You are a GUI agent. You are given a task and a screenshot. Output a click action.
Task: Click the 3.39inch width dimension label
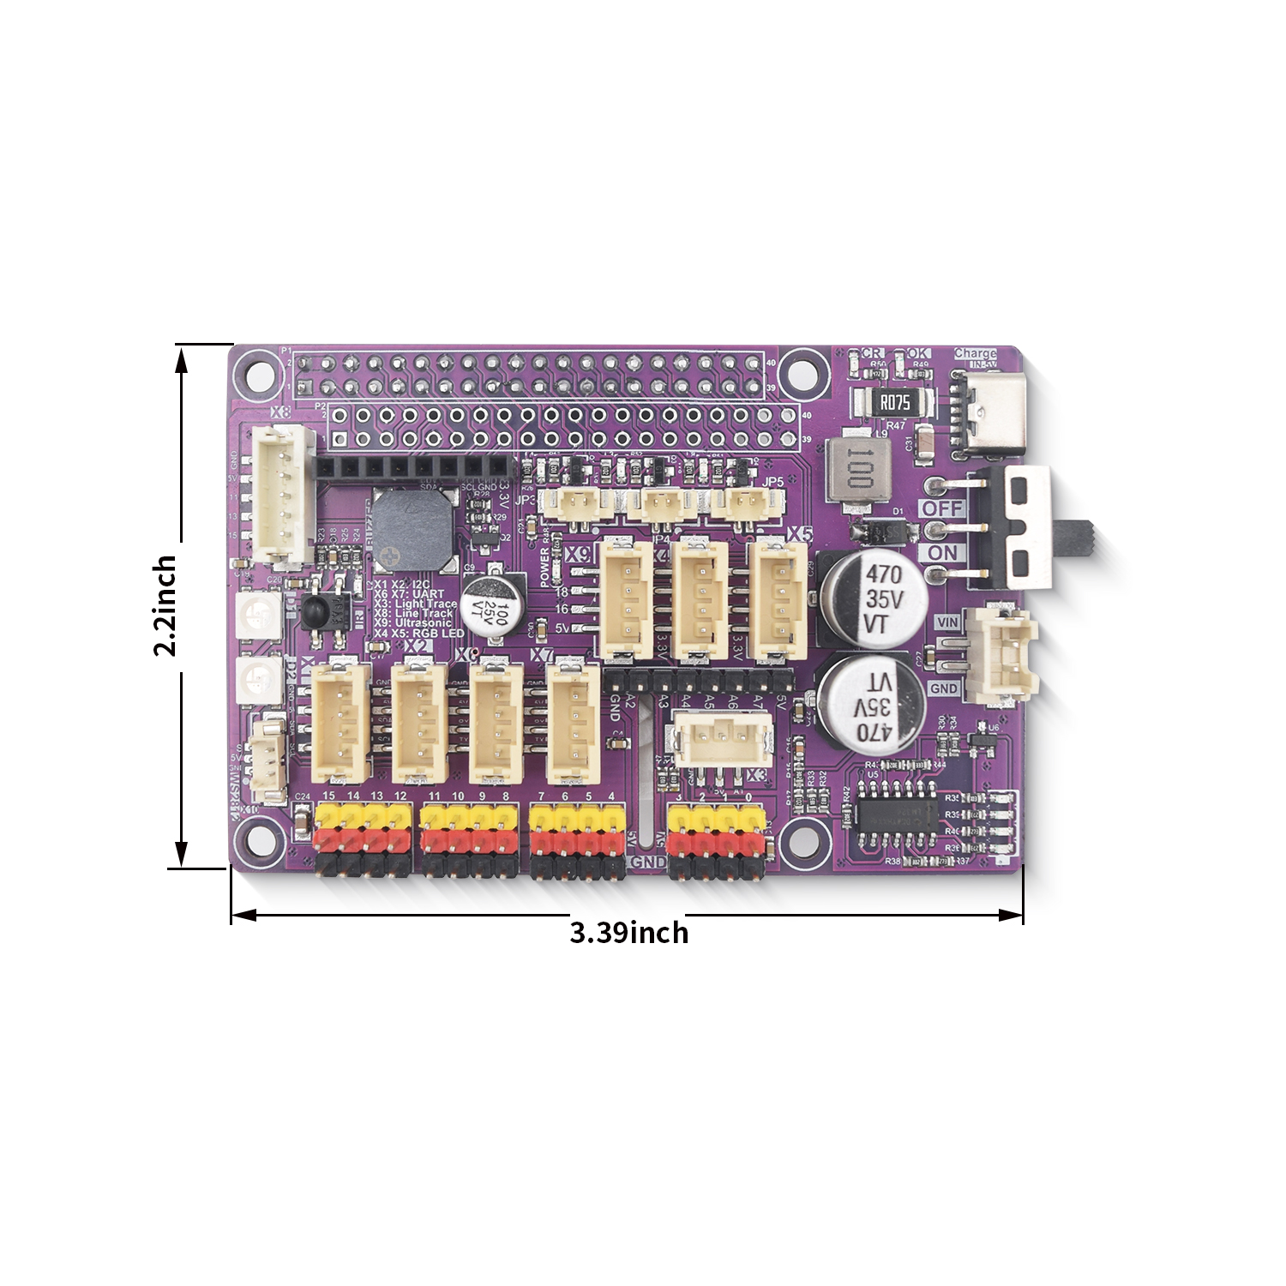(628, 932)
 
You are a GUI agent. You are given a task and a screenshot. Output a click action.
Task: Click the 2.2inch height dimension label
(164, 605)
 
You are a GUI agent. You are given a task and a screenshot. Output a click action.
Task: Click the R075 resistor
(894, 402)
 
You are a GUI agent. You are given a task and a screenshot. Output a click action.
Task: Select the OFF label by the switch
(942, 508)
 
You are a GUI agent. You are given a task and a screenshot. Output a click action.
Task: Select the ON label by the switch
(942, 553)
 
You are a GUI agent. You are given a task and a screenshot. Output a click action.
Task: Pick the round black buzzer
(412, 530)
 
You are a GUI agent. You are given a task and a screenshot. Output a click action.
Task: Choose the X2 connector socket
(419, 721)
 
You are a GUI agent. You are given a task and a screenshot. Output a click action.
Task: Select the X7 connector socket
(573, 721)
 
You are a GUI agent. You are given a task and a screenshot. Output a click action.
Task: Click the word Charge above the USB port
(975, 353)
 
